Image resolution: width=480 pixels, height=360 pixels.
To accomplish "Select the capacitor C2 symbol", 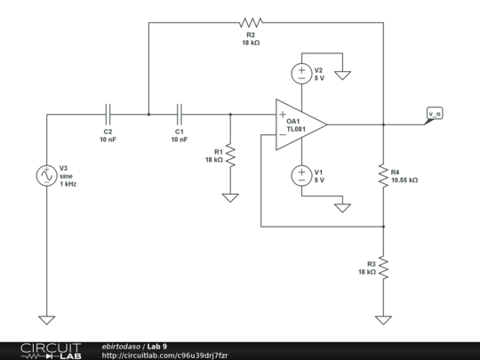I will point(108,114).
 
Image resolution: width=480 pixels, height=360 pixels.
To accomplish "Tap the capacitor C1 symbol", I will point(180,114).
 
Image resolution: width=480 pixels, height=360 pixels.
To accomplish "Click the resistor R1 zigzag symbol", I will point(230,156).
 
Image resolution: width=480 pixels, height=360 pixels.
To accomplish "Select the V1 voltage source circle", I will point(301,175).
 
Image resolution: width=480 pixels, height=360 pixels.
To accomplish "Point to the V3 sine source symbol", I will point(44,175).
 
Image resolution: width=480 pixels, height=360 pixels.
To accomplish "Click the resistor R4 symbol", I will point(383,175).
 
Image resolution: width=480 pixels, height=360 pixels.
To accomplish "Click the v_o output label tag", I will point(434,114).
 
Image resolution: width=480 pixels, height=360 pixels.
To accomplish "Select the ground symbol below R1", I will point(230,197).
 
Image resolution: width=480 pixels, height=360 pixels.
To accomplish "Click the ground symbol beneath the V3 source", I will point(44,319).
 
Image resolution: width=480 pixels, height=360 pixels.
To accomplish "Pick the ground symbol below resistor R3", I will point(383,319).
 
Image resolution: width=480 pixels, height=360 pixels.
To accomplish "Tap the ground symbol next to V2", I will point(342,75).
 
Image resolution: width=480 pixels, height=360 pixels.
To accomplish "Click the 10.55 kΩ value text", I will point(404,180).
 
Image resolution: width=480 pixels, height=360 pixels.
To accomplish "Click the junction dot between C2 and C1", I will point(148,114).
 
